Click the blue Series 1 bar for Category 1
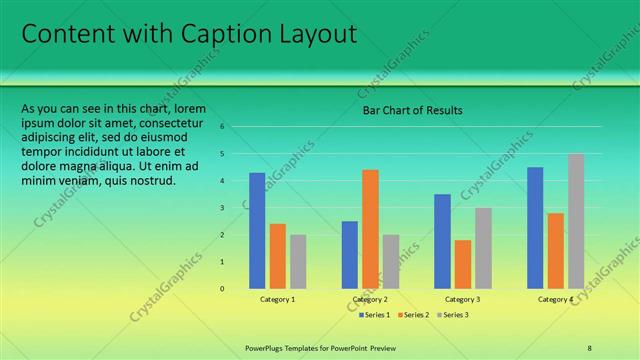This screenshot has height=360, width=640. tap(257, 230)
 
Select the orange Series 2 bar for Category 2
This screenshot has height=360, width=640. tap(370, 229)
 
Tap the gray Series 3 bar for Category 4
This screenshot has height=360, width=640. tap(575, 221)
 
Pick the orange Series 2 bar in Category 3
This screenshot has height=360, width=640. tap(463, 264)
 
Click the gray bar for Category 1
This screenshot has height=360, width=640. tap(298, 261)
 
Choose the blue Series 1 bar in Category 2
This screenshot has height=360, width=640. tap(350, 254)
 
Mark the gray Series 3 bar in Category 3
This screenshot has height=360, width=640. tap(483, 248)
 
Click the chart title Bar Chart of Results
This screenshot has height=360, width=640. tap(412, 110)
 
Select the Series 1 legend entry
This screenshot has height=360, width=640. tap(374, 315)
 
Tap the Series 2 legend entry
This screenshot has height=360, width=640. tap(412, 315)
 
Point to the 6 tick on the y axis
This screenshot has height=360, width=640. tap(236, 127)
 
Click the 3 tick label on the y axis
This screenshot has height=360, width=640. tap(236, 208)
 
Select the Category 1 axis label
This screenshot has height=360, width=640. tap(277, 300)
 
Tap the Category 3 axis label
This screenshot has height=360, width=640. tap(462, 300)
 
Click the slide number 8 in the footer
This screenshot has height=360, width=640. tap(590, 348)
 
